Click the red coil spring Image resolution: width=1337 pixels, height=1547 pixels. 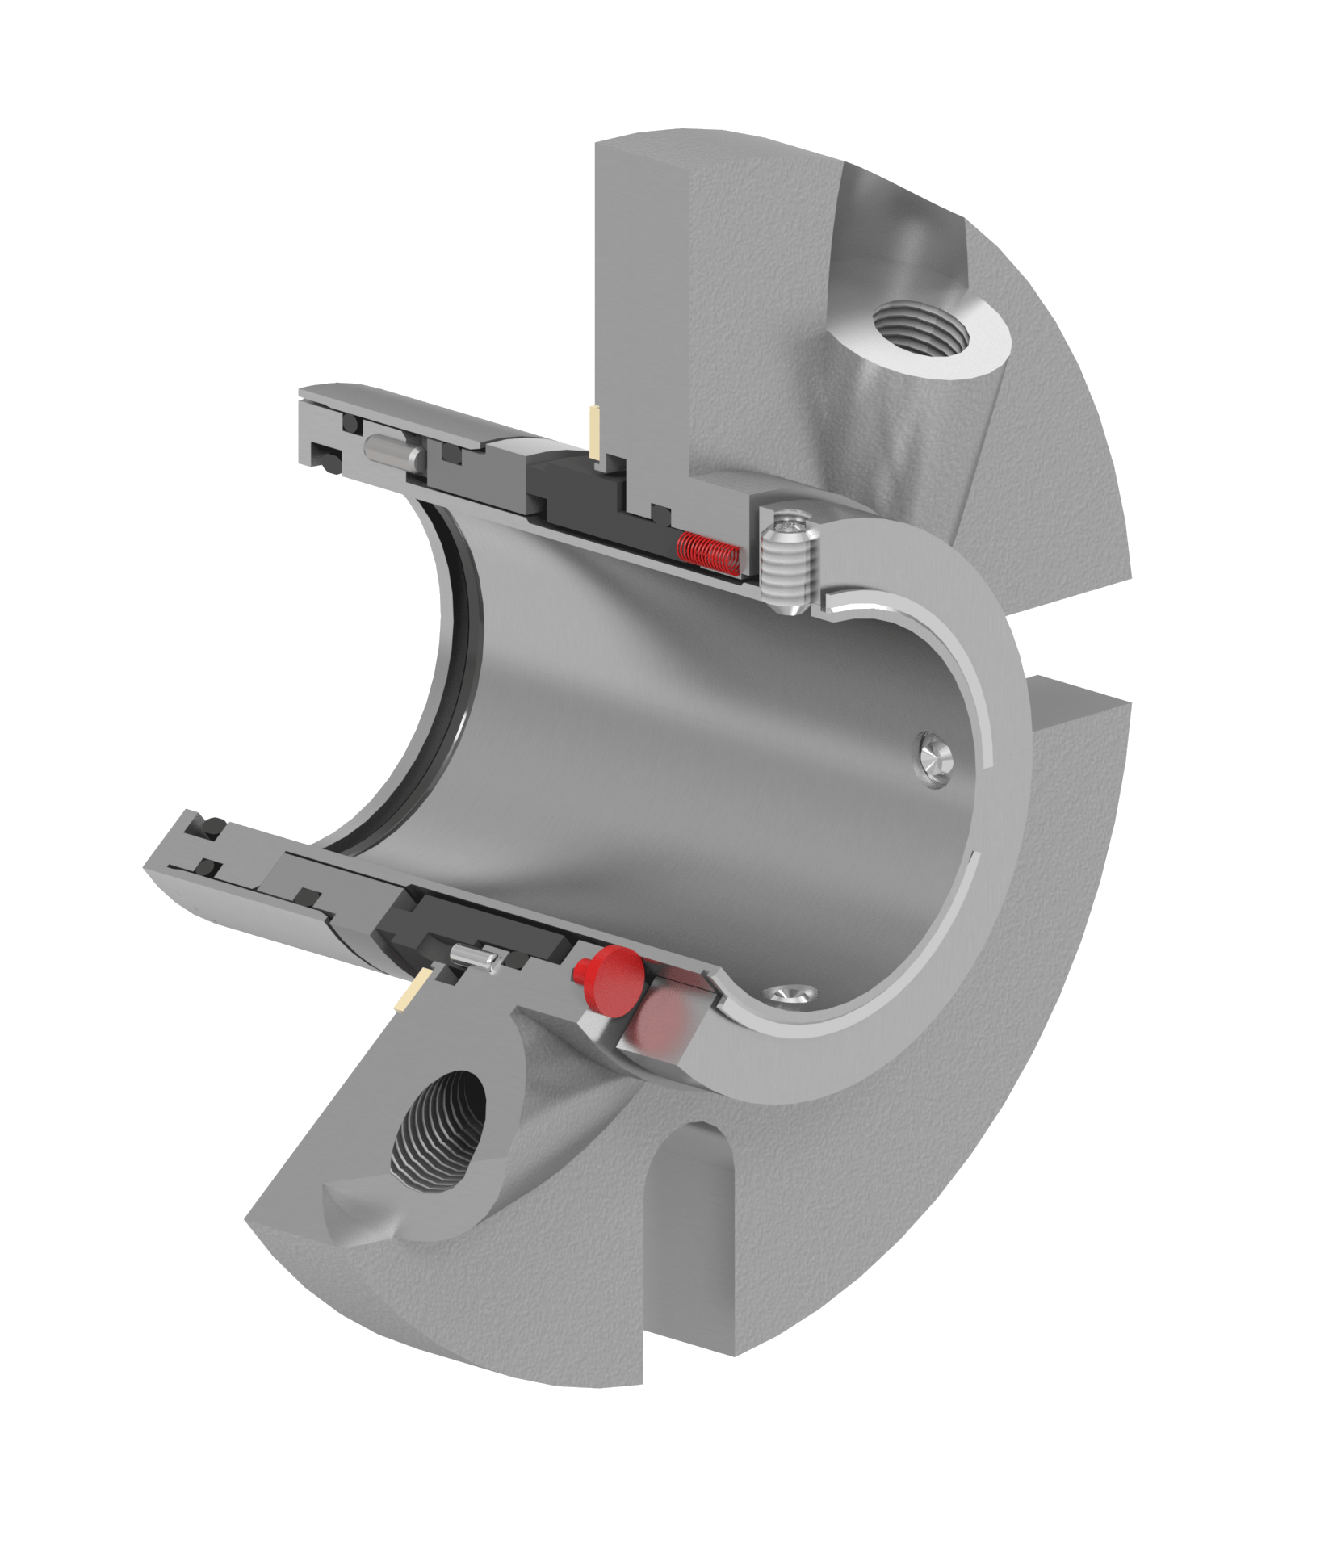(707, 552)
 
